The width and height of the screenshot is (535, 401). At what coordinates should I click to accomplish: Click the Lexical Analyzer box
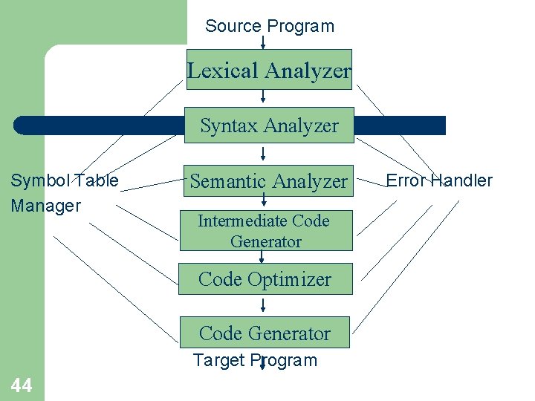[269, 70]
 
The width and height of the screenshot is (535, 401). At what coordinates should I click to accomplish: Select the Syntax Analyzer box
[269, 125]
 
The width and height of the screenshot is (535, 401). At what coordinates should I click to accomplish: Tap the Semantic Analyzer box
[269, 181]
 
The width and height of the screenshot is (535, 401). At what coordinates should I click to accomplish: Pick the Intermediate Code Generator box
[265, 231]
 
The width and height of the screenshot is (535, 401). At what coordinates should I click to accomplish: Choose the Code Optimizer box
[265, 280]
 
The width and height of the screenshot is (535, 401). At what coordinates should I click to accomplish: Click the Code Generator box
[265, 333]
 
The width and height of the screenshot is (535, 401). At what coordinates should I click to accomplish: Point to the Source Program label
[270, 26]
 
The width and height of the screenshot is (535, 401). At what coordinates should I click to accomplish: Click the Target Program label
[255, 361]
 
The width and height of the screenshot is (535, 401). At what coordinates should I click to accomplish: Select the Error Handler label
[439, 180]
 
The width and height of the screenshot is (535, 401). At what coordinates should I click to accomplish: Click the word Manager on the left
[45, 206]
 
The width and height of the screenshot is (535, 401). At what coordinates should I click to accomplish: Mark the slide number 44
[22, 385]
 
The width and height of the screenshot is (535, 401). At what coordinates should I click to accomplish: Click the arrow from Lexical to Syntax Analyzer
[263, 97]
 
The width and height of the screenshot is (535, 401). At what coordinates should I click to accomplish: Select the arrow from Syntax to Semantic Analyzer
[263, 154]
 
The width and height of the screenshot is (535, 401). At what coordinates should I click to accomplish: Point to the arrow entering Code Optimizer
[262, 257]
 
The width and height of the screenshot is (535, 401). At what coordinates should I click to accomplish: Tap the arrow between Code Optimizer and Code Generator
[263, 306]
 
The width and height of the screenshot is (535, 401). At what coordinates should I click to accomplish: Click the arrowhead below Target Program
[262, 365]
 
